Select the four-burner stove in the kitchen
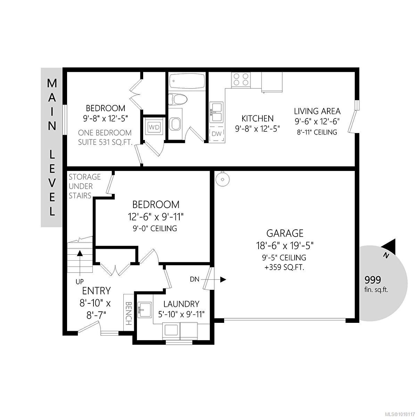(241, 79)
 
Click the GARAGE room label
(285, 233)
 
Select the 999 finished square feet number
(373, 280)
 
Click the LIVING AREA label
(317, 111)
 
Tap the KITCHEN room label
(257, 118)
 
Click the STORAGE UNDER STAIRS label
(84, 186)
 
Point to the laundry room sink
(145, 309)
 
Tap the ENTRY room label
(96, 291)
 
